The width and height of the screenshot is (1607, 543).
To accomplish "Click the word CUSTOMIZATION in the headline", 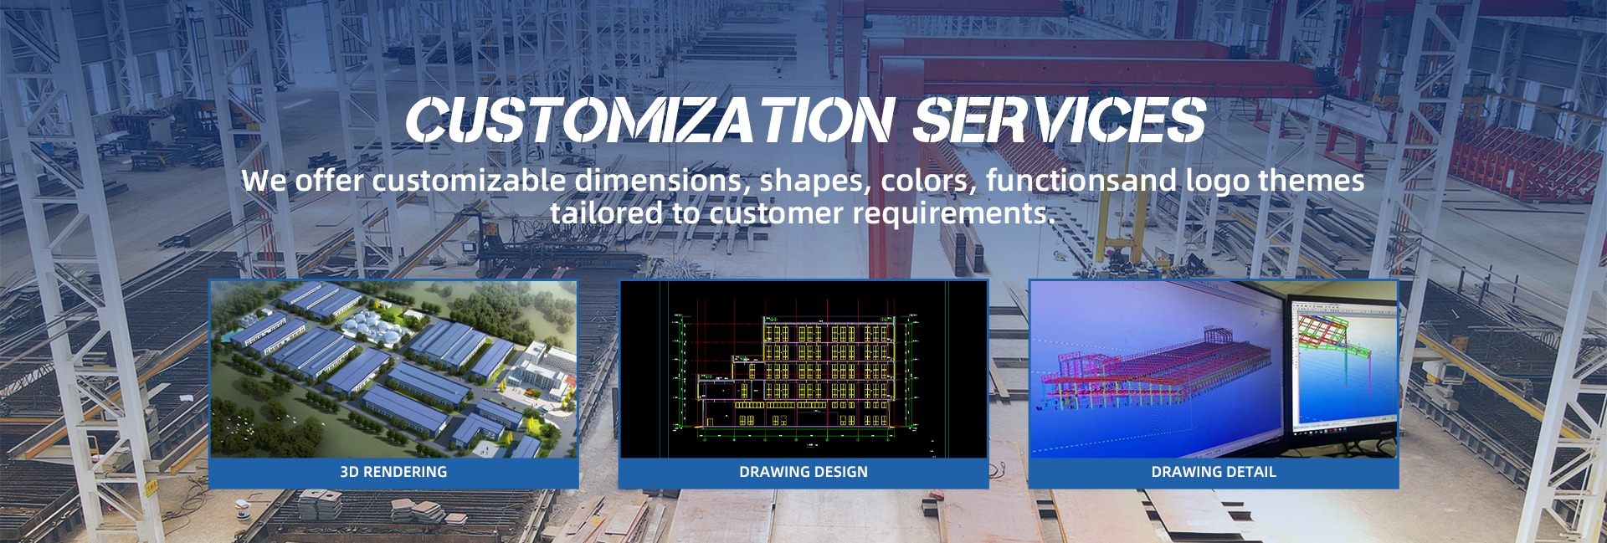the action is point(650,120).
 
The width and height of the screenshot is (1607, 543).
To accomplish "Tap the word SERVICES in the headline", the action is point(1060,120).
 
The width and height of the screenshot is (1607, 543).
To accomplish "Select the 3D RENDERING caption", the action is point(393,472).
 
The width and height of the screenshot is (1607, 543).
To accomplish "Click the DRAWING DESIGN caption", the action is point(803,472).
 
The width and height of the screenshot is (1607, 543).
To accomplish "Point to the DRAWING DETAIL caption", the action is point(1214,472).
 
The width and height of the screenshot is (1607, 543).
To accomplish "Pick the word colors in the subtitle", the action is point(928,181).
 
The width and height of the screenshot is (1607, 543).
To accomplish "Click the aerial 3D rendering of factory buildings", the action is point(393,369).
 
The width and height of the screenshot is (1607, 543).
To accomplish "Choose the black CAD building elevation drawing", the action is point(803,369).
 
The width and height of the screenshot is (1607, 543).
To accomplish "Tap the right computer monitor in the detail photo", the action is point(1343,365).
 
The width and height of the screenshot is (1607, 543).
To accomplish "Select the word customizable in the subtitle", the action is point(469,181).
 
